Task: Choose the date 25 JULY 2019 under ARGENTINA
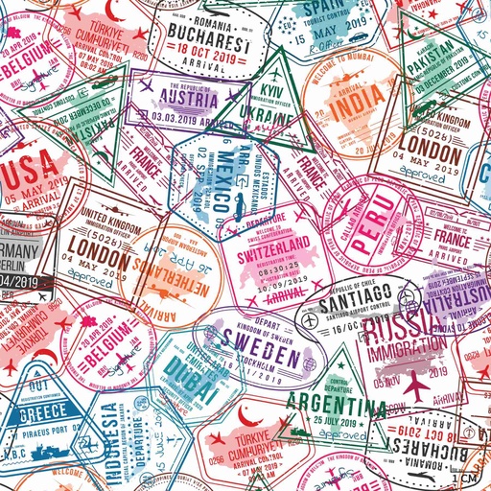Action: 331,419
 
